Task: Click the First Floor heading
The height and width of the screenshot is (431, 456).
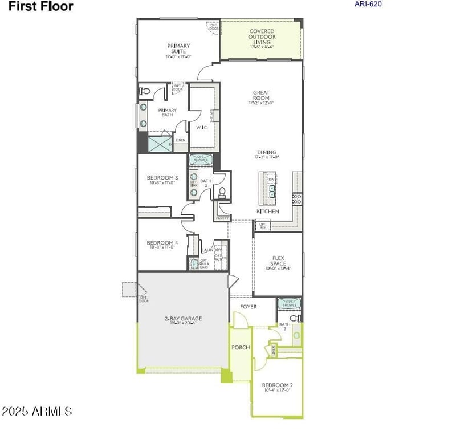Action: click(40, 7)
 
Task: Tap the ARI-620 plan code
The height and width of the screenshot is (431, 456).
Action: click(368, 4)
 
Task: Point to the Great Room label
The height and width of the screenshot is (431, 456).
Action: click(261, 97)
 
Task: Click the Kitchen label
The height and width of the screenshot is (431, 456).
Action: click(267, 212)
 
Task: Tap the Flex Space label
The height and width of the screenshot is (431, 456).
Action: click(278, 263)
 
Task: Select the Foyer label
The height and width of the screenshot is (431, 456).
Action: click(248, 307)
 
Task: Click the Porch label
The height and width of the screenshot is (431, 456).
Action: click(240, 347)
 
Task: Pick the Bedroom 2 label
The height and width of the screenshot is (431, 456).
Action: click(277, 387)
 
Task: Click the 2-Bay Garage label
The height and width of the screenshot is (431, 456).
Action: click(183, 321)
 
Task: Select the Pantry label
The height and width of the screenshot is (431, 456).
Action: click(222, 218)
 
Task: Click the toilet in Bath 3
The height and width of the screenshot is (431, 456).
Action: click(223, 192)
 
